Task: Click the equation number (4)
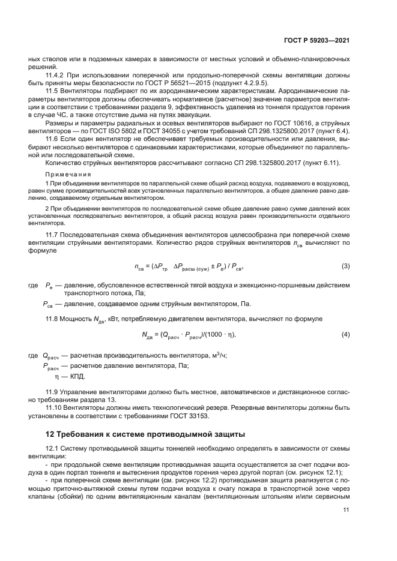(345, 334)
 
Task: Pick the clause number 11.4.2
(56, 76)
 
